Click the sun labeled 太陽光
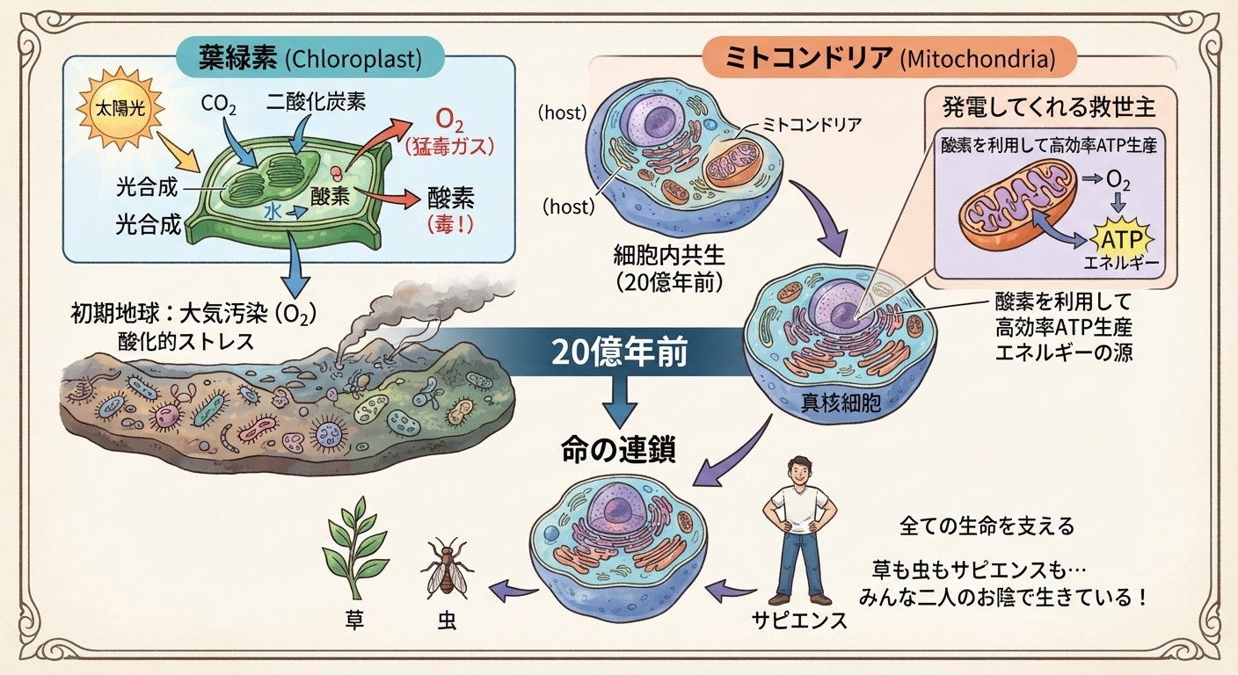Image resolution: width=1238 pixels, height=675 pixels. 120,109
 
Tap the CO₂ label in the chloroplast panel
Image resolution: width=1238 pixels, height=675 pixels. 218,105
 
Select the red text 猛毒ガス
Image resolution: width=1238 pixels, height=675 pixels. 449,147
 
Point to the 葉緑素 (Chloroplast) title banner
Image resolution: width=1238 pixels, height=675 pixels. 310,57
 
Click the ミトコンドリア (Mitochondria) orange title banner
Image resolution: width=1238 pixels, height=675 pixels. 889,57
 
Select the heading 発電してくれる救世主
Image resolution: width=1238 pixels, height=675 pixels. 1049,107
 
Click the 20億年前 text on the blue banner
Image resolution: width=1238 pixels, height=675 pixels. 619,352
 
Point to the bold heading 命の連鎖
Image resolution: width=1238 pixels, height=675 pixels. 618,450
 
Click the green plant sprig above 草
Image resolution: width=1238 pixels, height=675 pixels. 355,547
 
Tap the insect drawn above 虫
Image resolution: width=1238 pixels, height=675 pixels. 447,568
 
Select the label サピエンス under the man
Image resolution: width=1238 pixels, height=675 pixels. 799,621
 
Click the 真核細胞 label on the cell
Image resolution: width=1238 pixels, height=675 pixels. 841,403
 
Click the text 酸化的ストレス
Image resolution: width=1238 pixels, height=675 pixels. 186,341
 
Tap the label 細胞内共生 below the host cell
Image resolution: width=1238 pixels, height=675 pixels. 669,255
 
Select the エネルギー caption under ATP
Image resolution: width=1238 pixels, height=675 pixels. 1121,264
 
